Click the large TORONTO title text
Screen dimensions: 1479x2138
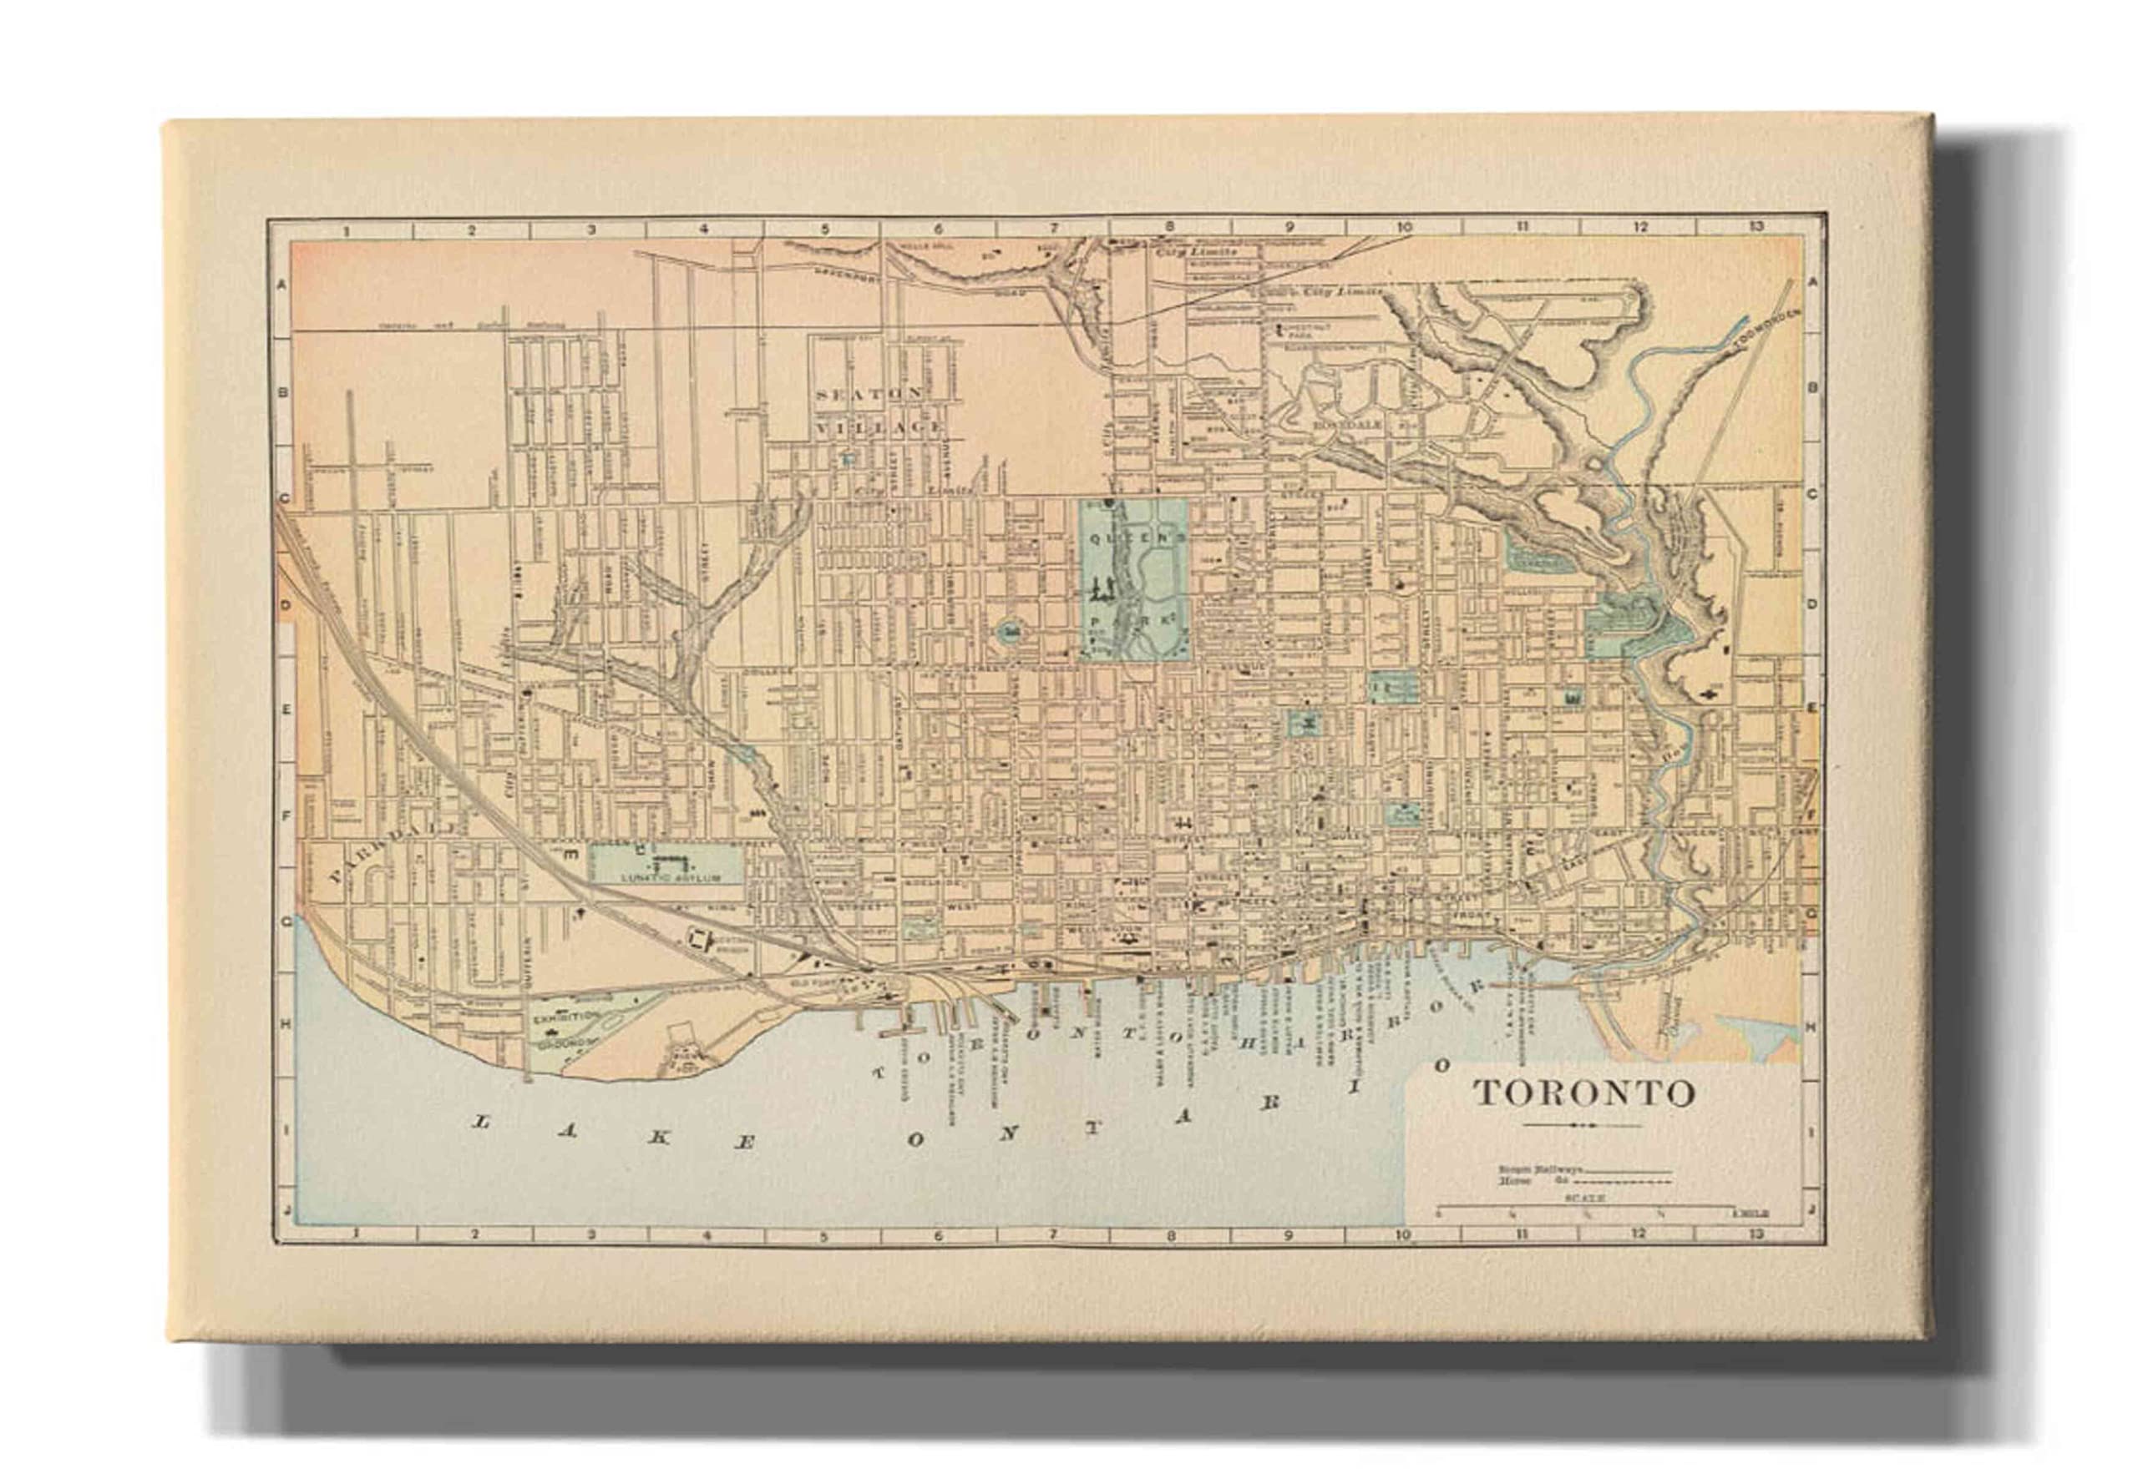point(1583,1093)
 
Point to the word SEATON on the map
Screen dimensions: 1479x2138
point(869,394)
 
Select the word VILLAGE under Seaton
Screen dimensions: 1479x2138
point(881,428)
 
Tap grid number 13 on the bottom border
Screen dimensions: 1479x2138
point(1755,1234)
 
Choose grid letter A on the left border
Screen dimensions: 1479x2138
point(284,285)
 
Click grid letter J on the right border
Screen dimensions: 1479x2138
point(1811,1210)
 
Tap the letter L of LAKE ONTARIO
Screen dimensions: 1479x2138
point(481,1123)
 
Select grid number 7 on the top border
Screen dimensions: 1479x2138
point(1053,228)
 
